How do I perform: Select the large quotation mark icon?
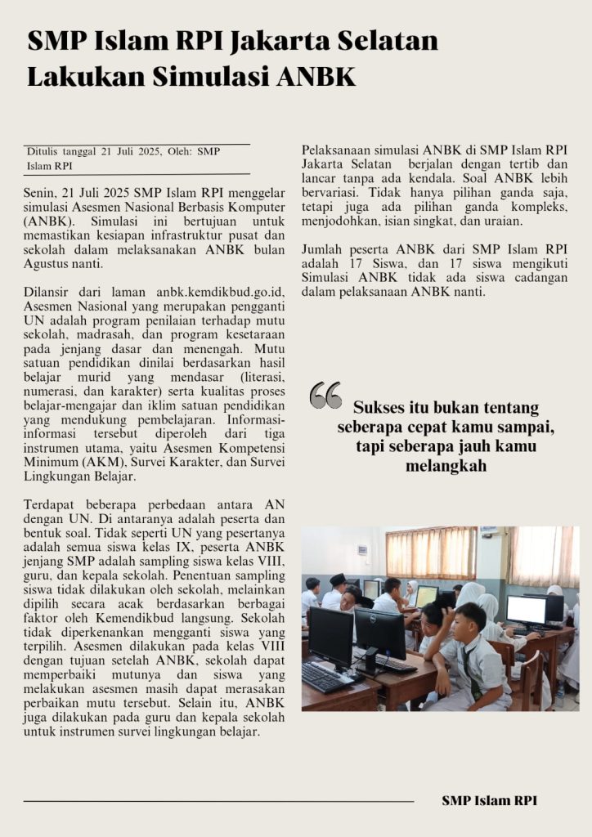click(x=325, y=396)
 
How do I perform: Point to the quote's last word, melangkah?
click(x=446, y=466)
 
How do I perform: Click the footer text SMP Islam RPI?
click(x=489, y=801)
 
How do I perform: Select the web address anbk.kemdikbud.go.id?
click(x=219, y=292)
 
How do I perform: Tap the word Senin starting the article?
click(x=42, y=192)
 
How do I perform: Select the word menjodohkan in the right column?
click(x=339, y=222)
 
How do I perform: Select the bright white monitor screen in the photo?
click(x=525, y=610)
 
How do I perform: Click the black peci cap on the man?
click(x=338, y=579)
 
